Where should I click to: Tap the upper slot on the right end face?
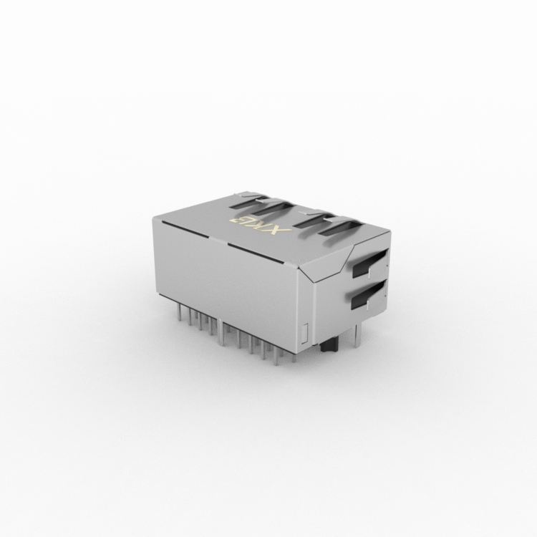click(370, 263)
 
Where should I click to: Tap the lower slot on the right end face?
click(369, 294)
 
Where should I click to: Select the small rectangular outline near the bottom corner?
click(306, 332)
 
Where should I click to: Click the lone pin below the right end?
click(357, 332)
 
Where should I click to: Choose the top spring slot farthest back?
click(251, 202)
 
